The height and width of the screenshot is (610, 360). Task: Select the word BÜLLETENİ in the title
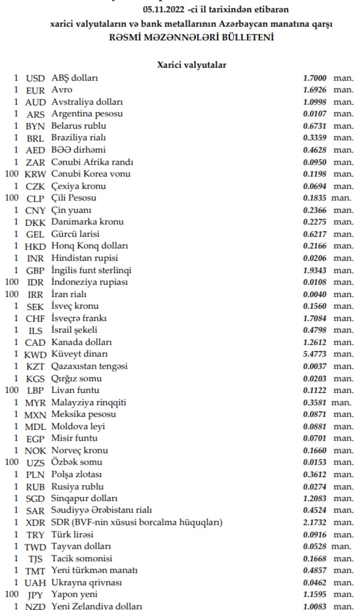click(248, 38)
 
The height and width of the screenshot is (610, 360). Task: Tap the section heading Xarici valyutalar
click(191, 65)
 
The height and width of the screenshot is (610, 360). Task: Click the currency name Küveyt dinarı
click(79, 354)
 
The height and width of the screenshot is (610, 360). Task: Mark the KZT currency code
click(36, 366)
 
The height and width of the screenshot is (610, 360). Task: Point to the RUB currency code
click(36, 487)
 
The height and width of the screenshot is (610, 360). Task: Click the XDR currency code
click(36, 523)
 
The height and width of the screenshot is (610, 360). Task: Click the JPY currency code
click(36, 595)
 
